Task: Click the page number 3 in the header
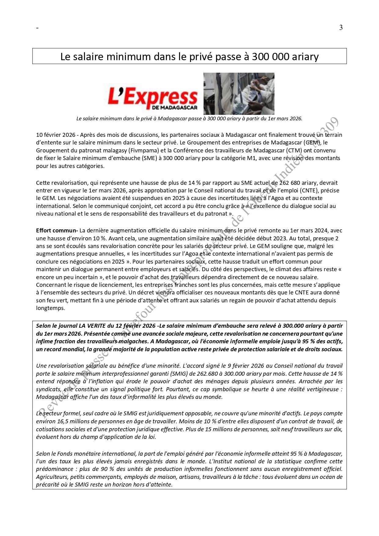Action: tap(341, 28)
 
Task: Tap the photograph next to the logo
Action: tap(239, 93)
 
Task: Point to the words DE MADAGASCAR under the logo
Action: tap(174, 108)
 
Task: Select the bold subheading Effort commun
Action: tap(57, 230)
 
